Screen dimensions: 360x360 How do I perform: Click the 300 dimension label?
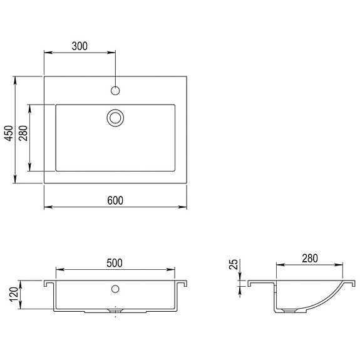[80, 46]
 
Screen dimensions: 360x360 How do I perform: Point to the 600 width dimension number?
[115, 200]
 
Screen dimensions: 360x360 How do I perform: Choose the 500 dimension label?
[115, 263]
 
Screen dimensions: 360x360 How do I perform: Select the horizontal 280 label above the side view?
[309, 258]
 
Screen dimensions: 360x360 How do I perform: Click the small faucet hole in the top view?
[115, 91]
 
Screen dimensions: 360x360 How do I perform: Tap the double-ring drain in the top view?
[115, 117]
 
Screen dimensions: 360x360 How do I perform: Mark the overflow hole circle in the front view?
[115, 289]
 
